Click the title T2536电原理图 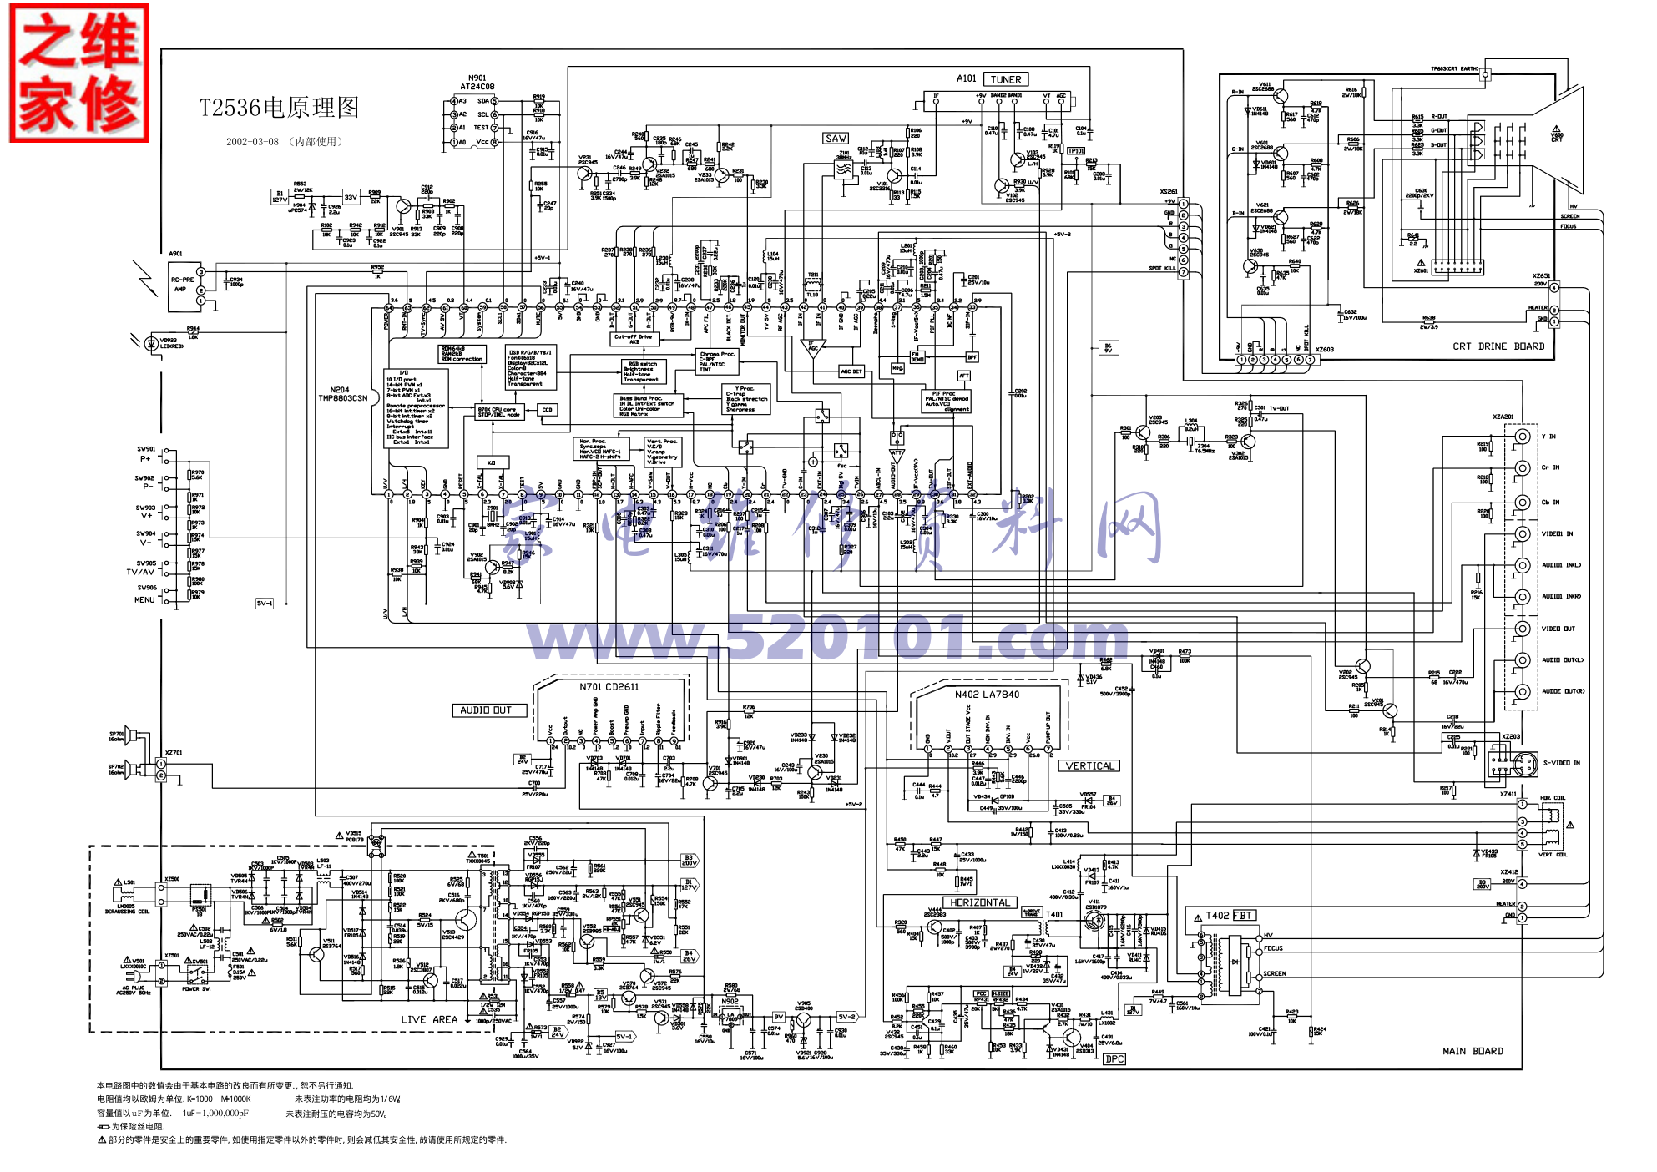point(279,108)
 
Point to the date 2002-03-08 point(252,142)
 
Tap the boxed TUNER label point(1005,79)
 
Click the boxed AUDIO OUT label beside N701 point(486,710)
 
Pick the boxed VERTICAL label point(1089,765)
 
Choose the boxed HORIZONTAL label point(980,902)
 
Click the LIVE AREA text point(429,1019)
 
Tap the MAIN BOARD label point(1473,1051)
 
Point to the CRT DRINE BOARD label point(1498,346)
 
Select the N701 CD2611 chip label point(609,687)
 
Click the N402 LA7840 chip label point(987,695)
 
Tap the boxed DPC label point(1114,1059)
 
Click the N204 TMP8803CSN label point(342,394)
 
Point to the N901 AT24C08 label point(477,83)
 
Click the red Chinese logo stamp point(78,73)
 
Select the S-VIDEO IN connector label point(1561,763)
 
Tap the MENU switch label point(144,599)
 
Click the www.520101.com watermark point(826,639)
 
